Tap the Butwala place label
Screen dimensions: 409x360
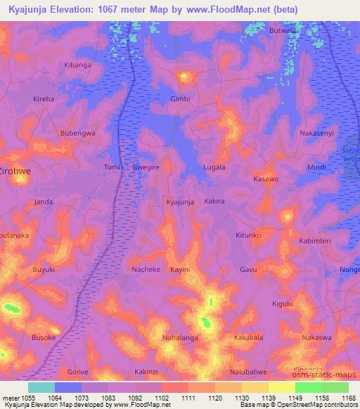coord(283,31)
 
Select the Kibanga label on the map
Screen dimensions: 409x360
coord(78,65)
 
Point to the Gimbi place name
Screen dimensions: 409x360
coord(180,99)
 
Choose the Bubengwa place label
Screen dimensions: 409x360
coord(77,133)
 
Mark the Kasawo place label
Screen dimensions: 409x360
coord(266,179)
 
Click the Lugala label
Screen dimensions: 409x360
coord(214,167)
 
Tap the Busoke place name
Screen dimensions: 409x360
coord(44,337)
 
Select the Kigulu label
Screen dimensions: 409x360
coord(282,304)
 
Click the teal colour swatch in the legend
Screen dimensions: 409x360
coord(41,387)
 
